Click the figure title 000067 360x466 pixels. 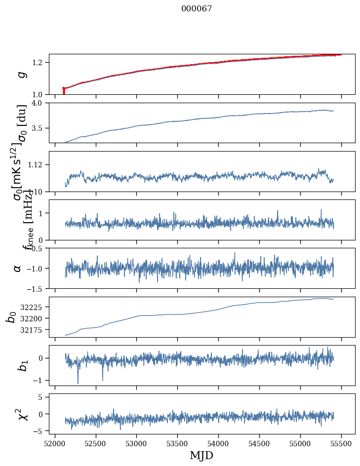197,9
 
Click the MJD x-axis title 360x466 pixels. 201,455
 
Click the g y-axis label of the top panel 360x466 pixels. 21,75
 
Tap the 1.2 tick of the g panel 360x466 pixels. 40,62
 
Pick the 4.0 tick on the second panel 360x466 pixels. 40,103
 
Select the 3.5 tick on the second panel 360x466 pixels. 40,128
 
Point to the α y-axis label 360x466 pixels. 18,268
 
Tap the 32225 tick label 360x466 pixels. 33,307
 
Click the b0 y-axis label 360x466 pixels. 11,317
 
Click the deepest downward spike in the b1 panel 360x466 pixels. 78,383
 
